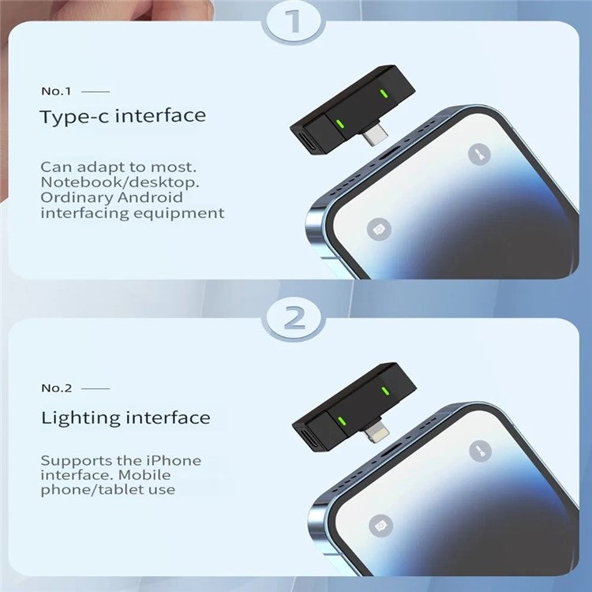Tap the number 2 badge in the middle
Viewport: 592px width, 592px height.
295,318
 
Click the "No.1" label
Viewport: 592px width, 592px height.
57,92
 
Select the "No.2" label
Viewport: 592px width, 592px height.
57,388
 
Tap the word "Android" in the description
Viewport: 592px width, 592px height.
155,197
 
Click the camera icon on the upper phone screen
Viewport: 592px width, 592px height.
380,229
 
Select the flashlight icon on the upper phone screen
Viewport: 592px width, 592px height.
478,154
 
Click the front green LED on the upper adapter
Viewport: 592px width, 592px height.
340,123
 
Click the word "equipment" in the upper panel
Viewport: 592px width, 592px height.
187,212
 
